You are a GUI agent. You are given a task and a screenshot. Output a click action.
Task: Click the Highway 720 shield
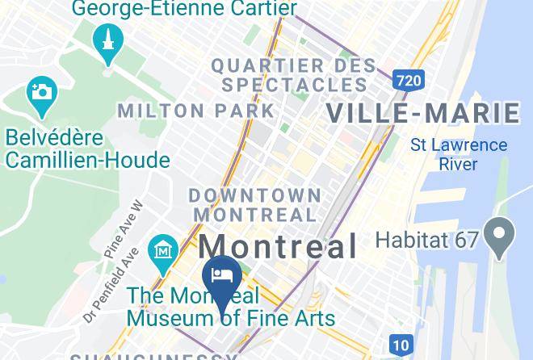(409, 79)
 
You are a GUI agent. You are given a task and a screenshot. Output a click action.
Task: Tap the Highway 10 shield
(401, 345)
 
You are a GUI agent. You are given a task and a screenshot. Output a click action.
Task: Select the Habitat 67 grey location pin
(500, 237)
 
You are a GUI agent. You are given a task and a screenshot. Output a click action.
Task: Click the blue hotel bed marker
(221, 276)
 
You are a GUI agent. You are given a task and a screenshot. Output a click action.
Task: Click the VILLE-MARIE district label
(422, 113)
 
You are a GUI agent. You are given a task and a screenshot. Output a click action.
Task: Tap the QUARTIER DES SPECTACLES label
(293, 74)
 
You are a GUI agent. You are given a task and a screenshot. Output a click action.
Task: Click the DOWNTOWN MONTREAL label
(255, 205)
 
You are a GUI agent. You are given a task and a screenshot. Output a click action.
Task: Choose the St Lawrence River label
(459, 154)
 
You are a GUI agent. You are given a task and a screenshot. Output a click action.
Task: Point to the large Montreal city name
(278, 246)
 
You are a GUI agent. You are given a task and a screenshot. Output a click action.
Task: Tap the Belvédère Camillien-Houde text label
(87, 148)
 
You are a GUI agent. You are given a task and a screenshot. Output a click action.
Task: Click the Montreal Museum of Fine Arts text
(230, 306)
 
